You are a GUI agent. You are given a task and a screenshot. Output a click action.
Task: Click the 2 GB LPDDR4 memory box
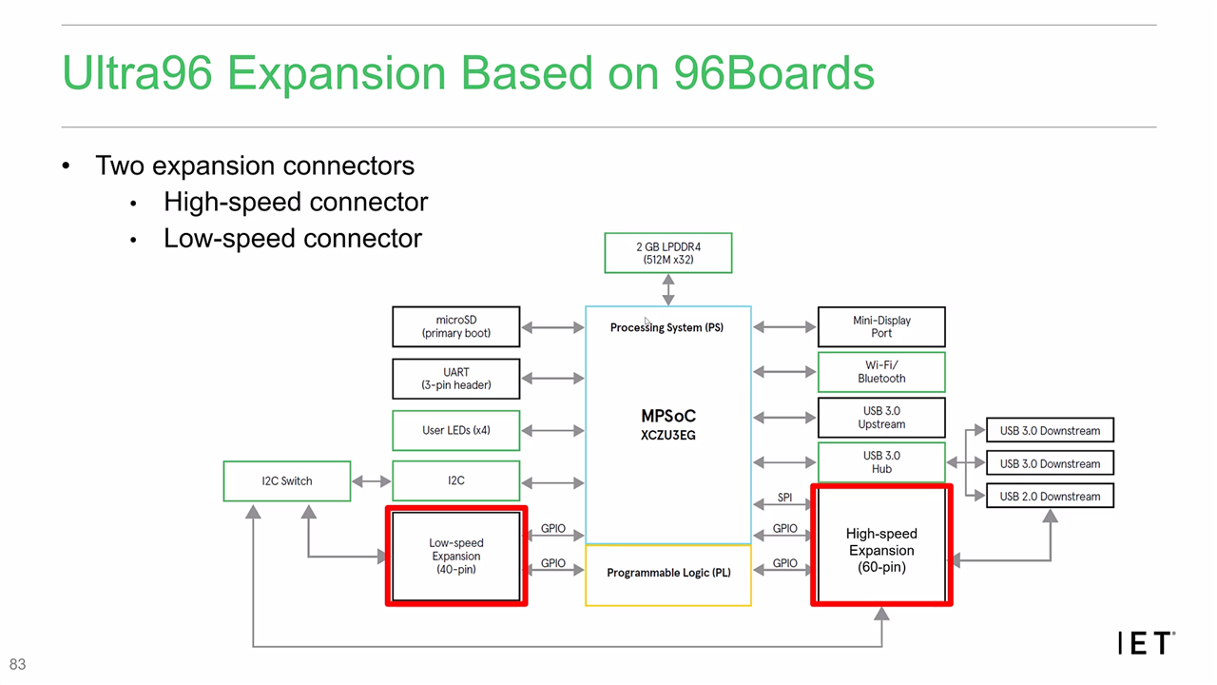click(x=668, y=252)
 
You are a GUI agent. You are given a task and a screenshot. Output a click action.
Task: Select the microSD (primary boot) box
click(x=456, y=326)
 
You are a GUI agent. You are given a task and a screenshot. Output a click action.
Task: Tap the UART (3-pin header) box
click(x=456, y=379)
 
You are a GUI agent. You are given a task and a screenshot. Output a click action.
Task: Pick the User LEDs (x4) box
click(x=456, y=430)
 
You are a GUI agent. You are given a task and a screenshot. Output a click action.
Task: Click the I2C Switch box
click(x=287, y=480)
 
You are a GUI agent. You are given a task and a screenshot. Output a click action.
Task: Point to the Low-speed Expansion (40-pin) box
click(x=456, y=557)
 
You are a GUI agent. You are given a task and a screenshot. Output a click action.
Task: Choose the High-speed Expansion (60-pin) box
click(x=881, y=550)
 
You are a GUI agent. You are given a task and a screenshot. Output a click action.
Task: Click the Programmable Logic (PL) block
click(x=668, y=573)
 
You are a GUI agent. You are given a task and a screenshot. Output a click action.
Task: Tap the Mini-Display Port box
click(x=881, y=326)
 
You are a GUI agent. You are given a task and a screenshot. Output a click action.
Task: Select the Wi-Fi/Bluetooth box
click(x=881, y=372)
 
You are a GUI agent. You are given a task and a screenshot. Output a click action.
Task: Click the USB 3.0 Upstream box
click(x=881, y=418)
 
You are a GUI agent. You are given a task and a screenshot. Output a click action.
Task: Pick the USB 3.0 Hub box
click(x=881, y=462)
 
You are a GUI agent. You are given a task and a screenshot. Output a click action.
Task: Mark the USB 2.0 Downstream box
click(x=1050, y=497)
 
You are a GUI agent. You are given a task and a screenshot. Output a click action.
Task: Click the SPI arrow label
click(x=784, y=498)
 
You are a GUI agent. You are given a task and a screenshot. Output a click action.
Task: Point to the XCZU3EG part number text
click(x=668, y=435)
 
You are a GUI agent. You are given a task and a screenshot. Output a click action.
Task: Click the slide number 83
click(x=17, y=664)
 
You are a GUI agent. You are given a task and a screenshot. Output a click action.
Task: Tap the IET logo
click(x=1146, y=643)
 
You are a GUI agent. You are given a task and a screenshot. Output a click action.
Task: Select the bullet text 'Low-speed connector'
click(x=293, y=238)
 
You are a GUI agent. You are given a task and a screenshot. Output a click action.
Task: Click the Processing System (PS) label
click(x=666, y=327)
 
